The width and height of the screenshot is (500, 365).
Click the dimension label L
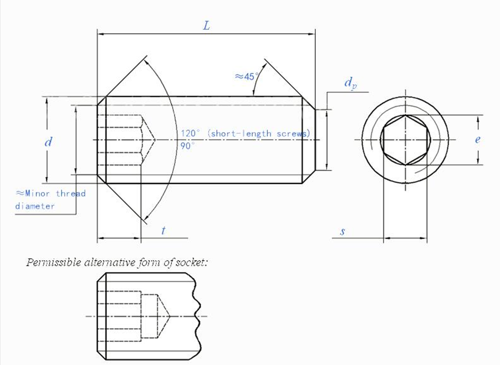pos(206,26)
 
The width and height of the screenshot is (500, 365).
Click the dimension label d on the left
pos(48,142)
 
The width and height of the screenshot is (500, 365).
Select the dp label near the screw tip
pos(351,83)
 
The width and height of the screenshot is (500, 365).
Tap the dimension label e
pos(477,140)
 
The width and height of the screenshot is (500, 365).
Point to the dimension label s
pos(342,232)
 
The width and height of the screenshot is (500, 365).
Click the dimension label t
pos(164,230)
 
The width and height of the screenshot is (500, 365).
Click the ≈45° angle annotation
pos(246,77)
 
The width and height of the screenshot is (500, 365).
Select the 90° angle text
pos(187,146)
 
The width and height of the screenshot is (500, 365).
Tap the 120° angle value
pos(190,133)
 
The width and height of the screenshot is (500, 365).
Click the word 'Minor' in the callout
pos(37,193)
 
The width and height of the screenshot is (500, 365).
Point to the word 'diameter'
pos(35,206)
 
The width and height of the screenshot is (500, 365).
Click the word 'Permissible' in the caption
pos(54,263)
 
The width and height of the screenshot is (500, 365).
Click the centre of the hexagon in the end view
pos(405,140)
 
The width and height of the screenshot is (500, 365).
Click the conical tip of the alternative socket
pos(170,316)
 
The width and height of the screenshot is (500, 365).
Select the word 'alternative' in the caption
pos(110,262)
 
